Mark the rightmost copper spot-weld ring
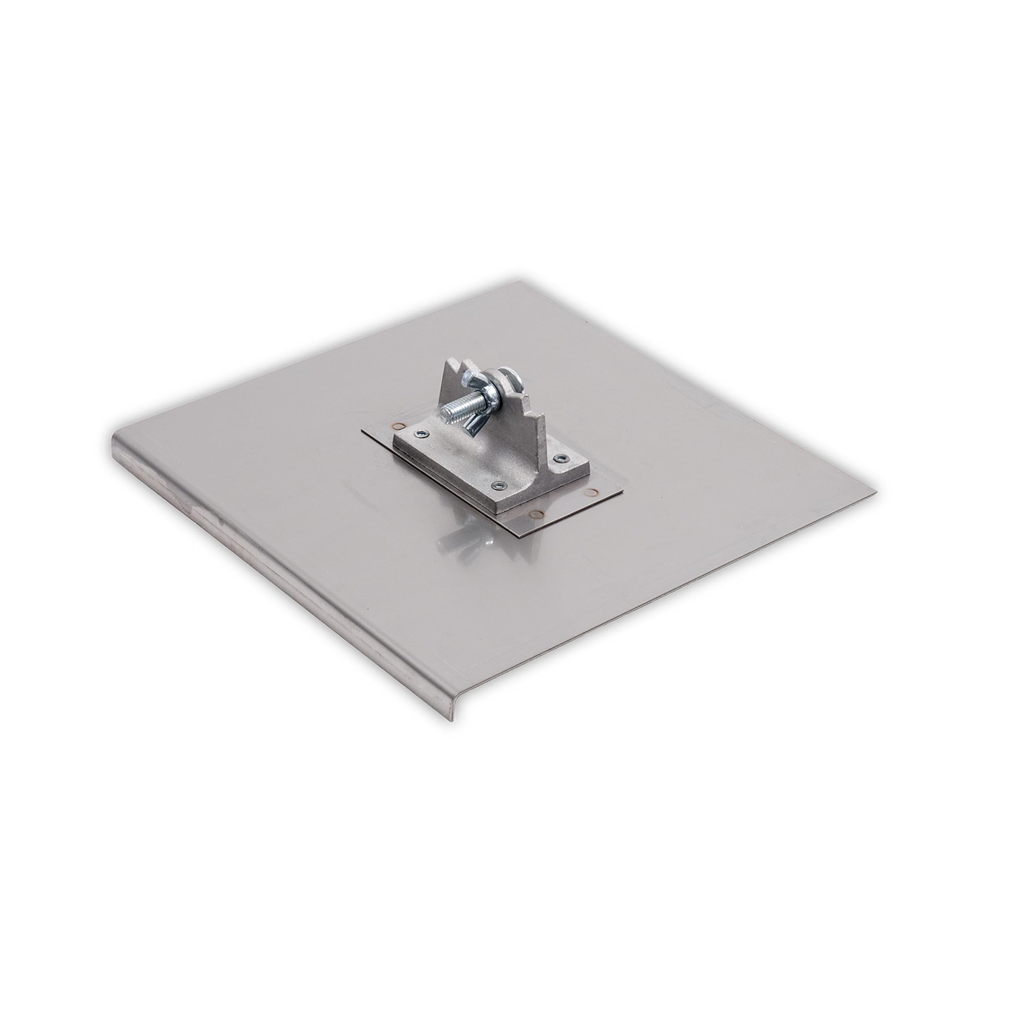click(x=592, y=492)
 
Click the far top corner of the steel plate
click(x=518, y=282)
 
